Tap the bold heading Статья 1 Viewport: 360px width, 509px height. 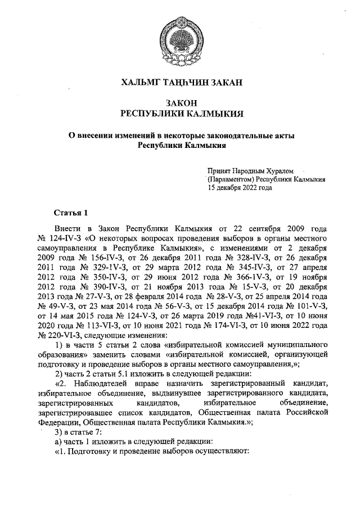tap(71, 214)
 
